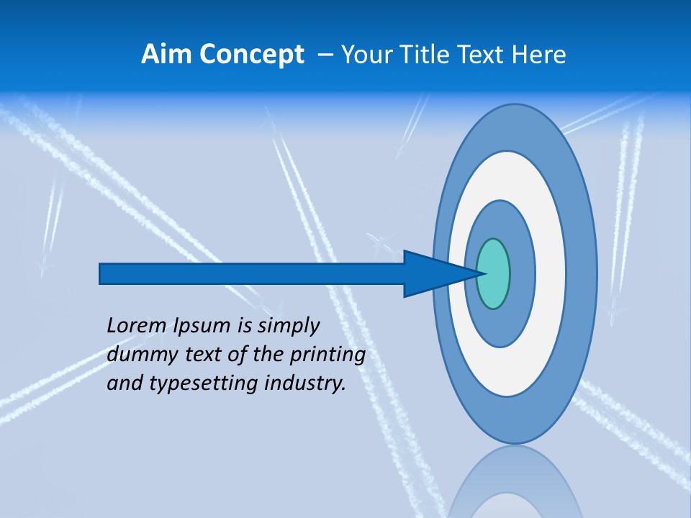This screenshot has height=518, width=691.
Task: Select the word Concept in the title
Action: coord(251,55)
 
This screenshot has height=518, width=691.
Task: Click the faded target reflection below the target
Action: coord(515,482)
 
